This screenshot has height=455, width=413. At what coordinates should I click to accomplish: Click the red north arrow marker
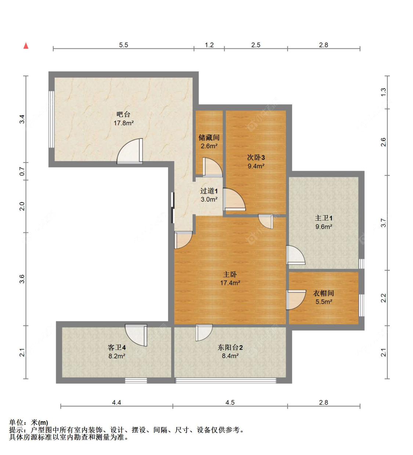26,46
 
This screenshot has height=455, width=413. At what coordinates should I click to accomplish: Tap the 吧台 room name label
123,114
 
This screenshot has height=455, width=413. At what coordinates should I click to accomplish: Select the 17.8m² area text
123,123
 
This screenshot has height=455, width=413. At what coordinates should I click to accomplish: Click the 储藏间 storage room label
209,137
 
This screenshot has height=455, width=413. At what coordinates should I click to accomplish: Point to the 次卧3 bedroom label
256,157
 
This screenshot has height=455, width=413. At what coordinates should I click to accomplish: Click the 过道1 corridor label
209,191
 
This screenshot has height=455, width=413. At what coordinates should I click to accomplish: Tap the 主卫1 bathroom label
323,218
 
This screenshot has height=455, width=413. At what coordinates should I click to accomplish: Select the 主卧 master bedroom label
230,274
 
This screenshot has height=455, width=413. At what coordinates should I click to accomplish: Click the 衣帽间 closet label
323,293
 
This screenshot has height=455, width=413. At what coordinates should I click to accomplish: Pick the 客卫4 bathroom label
117,347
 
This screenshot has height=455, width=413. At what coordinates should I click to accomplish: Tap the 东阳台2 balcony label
230,347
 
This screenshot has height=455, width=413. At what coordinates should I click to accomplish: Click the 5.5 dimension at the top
123,45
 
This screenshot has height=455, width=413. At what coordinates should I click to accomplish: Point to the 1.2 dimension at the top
209,45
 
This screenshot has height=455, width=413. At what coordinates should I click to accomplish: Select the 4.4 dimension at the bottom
116,402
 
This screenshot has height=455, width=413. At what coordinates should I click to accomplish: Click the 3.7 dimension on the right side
383,223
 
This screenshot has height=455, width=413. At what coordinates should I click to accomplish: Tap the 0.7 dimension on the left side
22,171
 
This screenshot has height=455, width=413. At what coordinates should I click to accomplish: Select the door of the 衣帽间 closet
296,299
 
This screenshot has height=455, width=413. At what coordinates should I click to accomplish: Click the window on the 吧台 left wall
52,119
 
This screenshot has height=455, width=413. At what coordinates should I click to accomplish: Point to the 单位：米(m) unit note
29,422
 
